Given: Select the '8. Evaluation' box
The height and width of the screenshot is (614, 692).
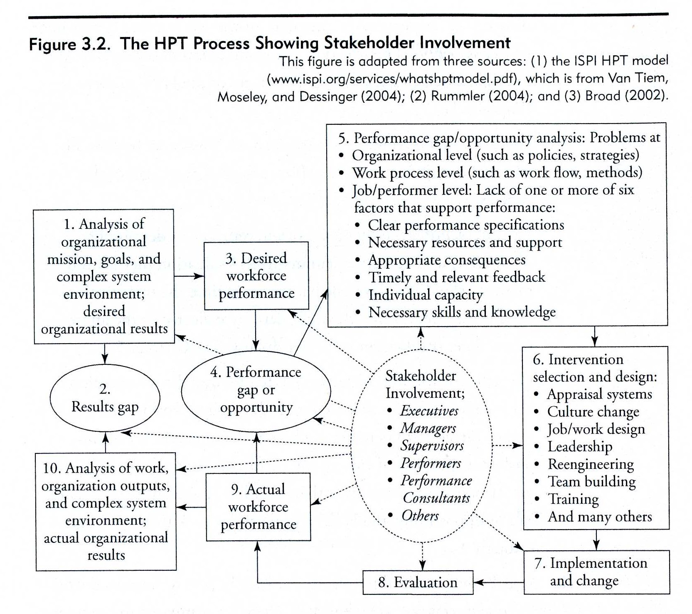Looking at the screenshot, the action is tap(418, 582).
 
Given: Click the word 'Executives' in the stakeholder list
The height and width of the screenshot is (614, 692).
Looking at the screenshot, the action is tap(429, 411).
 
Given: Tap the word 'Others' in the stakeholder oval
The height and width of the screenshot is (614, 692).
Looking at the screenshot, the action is tap(420, 515).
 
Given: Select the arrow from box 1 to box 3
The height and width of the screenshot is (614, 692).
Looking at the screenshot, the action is tap(189, 276).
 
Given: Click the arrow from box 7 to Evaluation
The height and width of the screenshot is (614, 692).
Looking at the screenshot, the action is tap(498, 582).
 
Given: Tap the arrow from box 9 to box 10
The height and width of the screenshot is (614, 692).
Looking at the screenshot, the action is tap(191, 507).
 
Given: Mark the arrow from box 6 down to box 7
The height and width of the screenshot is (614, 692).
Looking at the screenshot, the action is tap(596, 540).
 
